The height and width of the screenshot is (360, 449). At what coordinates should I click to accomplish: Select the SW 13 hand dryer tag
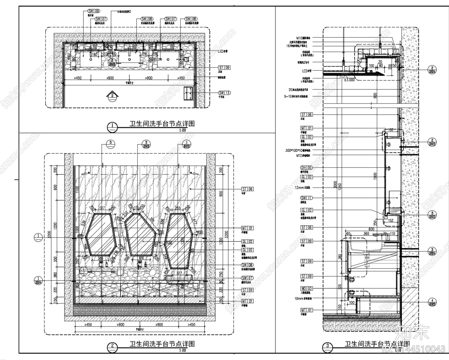(224, 93)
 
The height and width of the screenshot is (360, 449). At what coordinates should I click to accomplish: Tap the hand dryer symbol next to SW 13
(189, 93)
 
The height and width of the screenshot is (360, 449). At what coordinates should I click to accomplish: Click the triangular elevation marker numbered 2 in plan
(112, 95)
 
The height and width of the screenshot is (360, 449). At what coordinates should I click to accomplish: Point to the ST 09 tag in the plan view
(224, 68)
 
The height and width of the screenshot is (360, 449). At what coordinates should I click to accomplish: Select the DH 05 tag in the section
(306, 168)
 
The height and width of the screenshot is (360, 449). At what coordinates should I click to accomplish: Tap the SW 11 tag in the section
(306, 198)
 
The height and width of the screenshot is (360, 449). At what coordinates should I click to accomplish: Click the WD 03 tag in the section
(306, 288)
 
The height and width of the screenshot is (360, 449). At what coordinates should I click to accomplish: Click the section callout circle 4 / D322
(432, 302)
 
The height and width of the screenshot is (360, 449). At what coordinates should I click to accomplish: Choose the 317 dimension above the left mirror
(102, 208)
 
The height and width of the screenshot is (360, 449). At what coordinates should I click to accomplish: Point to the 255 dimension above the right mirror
(177, 208)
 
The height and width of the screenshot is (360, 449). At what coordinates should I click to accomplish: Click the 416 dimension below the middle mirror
(141, 258)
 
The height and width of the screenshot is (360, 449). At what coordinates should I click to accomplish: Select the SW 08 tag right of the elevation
(247, 265)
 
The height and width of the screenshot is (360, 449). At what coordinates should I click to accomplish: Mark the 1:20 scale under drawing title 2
(182, 350)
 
